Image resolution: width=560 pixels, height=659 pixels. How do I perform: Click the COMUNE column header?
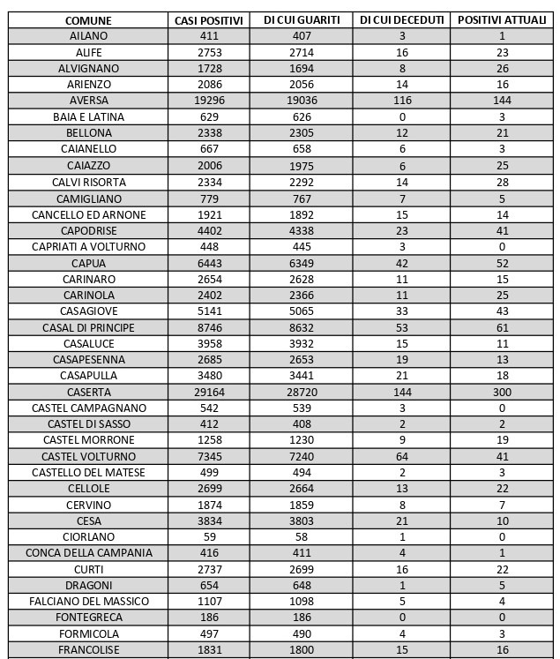coord(89,19)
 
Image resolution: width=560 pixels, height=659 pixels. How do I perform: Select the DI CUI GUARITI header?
coord(302,19)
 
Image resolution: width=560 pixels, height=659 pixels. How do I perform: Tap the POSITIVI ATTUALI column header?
coord(502,19)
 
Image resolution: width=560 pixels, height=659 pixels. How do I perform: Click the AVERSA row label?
coord(89,101)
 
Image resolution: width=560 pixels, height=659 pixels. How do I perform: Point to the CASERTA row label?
coord(89,392)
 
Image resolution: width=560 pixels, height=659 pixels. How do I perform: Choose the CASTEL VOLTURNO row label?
coord(89,456)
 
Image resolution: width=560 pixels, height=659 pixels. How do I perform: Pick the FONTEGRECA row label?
coord(89,618)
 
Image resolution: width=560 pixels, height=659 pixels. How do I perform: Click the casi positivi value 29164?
coord(210,392)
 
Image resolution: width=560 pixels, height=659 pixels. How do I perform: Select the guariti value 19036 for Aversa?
coord(302,101)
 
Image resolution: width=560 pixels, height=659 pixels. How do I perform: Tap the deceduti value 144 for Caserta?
coord(402,392)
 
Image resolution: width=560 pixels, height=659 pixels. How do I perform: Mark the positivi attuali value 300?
coord(502,392)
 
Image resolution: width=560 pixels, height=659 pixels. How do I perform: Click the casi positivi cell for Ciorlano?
coord(210,536)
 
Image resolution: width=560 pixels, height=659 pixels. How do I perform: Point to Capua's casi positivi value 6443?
coord(210,263)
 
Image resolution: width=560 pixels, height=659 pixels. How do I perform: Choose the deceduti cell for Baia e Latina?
coord(402,116)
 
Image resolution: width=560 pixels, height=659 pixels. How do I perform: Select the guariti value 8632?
coord(302,327)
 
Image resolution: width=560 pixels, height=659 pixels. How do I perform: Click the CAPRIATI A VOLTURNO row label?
coord(89,246)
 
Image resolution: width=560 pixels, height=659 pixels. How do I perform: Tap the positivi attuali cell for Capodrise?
coord(502,230)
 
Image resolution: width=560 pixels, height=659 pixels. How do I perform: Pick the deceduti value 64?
coord(402,456)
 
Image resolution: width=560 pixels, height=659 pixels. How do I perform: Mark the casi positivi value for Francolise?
coord(210,649)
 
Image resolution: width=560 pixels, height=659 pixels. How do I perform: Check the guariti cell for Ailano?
coord(302,36)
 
